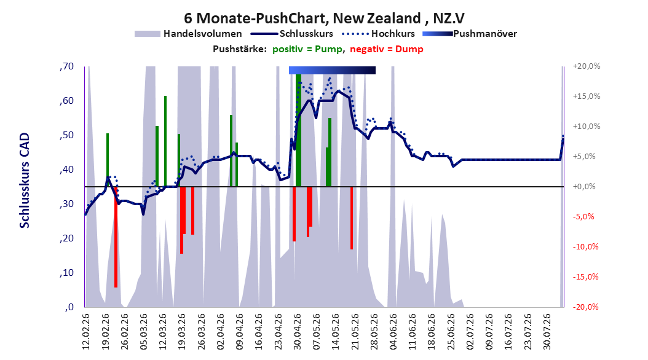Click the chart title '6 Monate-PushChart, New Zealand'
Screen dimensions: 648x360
[302, 18]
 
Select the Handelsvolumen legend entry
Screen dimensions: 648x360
[188, 34]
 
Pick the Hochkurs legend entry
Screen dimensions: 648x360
[378, 34]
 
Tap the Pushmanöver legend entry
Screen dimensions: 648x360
[470, 34]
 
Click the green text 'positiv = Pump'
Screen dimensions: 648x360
[307, 49]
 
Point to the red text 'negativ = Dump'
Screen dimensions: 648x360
[387, 49]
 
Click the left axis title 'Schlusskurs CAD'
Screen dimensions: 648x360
[25, 181]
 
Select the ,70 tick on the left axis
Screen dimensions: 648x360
[66, 66]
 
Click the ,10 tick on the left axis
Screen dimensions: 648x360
[66, 273]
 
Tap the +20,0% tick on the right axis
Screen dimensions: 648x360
[587, 66]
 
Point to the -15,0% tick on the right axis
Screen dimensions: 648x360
[585, 277]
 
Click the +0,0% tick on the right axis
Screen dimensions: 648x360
[584, 187]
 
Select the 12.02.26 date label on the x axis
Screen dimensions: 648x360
[86, 332]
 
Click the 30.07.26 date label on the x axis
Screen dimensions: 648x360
[547, 332]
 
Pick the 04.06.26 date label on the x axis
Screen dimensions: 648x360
[393, 332]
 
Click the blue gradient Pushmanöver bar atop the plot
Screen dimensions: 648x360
[332, 70]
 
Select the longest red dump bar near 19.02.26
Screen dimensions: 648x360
[116, 237]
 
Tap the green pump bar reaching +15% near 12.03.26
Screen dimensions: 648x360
[165, 141]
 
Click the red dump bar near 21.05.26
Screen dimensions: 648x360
[352, 218]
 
